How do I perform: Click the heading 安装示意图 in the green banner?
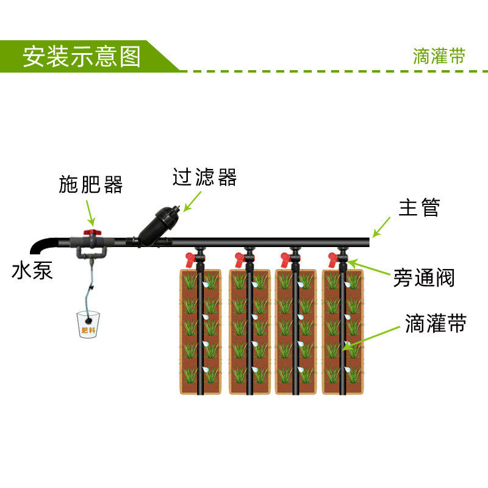pos(82,56)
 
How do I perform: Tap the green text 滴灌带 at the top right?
pos(439,56)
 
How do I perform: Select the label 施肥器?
pos(91,184)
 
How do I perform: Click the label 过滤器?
pos(204,178)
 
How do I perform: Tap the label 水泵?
pos(32,271)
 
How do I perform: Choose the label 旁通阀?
pos(423,279)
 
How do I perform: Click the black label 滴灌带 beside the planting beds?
pos(436,324)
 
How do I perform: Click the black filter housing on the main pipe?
pos(158,224)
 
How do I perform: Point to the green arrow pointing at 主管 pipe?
pos(382,227)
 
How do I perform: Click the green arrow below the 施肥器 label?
pos(90,211)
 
